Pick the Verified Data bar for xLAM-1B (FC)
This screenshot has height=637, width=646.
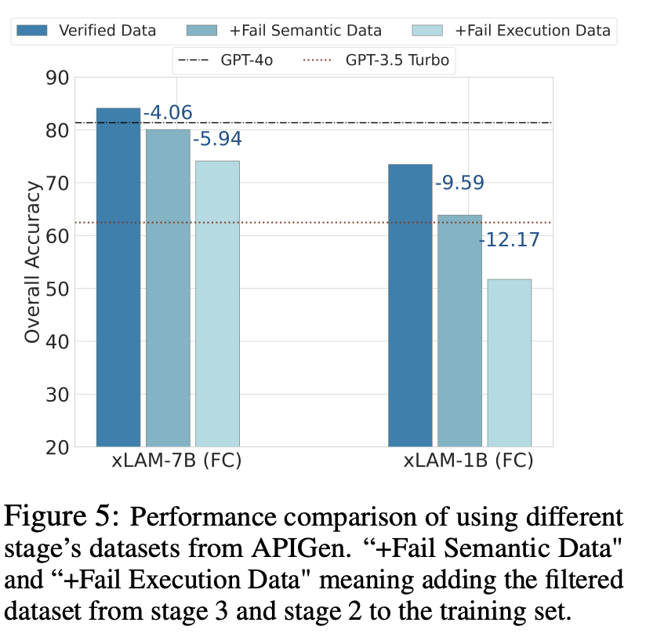point(410,305)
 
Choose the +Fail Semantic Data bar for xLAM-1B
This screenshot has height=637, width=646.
point(459,330)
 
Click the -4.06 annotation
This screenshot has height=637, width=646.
point(168,114)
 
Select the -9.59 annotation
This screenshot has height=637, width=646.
point(459,183)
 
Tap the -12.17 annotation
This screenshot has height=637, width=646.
point(510,239)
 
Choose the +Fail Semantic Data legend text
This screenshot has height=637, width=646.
point(306,31)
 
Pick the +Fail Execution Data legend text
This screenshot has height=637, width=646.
point(532,31)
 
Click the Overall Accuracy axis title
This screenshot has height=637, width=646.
point(32,262)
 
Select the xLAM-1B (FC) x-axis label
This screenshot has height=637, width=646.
point(468,460)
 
